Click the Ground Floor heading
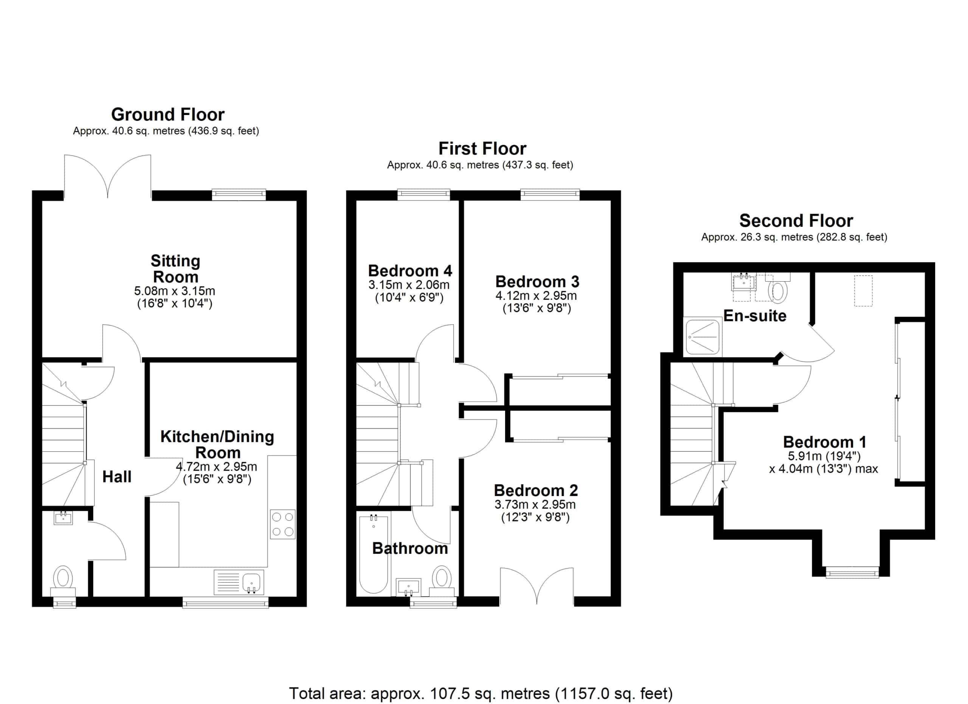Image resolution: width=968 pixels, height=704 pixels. point(168,114)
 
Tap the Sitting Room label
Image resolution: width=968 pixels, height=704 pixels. point(175,269)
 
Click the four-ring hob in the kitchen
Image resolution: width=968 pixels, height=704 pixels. point(282,524)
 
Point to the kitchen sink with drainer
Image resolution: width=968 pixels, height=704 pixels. point(239,581)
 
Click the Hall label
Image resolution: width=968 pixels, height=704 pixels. point(117,477)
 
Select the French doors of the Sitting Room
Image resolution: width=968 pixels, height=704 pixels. point(107,177)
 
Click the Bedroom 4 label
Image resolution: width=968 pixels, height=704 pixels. point(410,270)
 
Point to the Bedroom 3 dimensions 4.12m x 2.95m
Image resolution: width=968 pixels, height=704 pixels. point(536,296)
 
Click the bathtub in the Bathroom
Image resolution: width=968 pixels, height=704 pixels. point(374,555)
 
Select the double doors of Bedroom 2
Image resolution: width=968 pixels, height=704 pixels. point(537,587)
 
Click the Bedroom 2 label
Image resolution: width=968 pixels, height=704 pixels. point(536,490)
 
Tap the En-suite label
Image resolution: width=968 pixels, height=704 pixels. point(755,316)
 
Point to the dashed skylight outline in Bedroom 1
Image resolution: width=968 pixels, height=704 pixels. point(863,290)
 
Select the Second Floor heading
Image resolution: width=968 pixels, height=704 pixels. point(796,220)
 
